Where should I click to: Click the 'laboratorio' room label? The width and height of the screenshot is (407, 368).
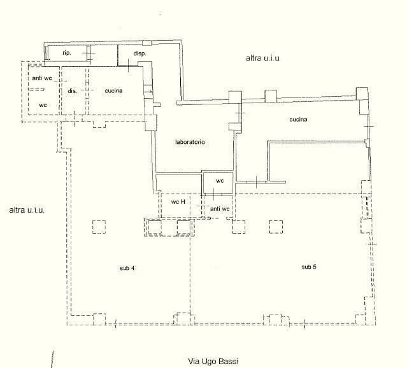[x=190, y=142]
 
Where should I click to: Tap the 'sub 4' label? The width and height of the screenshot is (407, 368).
[x=127, y=268]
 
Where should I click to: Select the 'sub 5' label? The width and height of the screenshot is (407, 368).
[x=309, y=267]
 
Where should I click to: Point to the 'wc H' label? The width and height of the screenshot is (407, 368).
[x=178, y=202]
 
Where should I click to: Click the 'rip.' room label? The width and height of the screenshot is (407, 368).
[x=67, y=53]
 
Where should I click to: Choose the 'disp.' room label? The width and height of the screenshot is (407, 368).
[x=139, y=53]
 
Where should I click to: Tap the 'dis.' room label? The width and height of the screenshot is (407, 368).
[x=73, y=91]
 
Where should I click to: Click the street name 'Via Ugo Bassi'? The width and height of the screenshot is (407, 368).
[x=213, y=361]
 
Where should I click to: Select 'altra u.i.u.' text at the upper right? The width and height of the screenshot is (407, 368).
[x=263, y=58]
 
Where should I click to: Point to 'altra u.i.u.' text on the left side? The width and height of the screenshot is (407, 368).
[x=27, y=210]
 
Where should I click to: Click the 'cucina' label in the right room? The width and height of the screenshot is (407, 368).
[x=298, y=120]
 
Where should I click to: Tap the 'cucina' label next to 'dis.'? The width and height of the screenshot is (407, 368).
[x=113, y=90]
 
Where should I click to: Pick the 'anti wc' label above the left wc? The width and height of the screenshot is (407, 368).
[x=42, y=78]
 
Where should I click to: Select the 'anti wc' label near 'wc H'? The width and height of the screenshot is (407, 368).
[x=220, y=209]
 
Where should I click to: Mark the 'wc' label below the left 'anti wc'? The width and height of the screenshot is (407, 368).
[x=43, y=105]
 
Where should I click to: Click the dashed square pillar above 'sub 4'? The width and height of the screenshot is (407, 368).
[x=99, y=227]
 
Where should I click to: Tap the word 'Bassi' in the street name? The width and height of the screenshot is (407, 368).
[x=228, y=361]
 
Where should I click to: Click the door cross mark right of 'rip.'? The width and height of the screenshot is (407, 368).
[x=89, y=53]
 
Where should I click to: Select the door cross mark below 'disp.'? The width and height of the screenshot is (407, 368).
[x=129, y=65]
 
